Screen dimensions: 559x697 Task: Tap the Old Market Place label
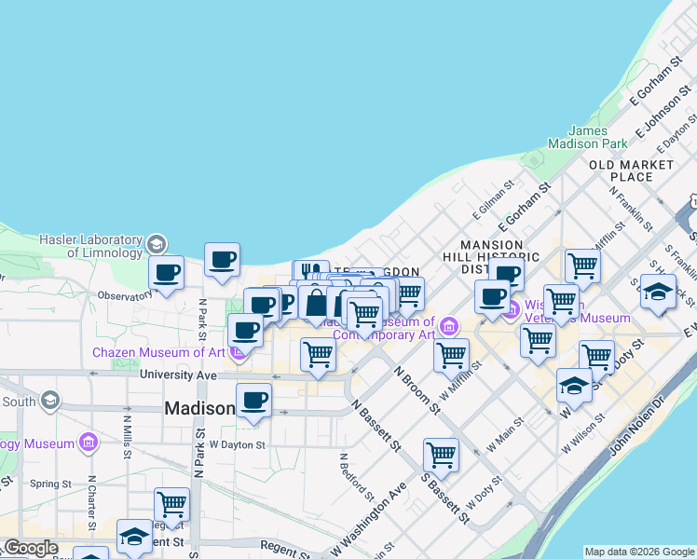click(631, 170)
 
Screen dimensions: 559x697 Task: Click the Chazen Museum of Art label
click(158, 352)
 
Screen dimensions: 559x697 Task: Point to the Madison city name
click(200, 408)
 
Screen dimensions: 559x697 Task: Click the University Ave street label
click(178, 375)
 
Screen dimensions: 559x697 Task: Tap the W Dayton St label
click(238, 445)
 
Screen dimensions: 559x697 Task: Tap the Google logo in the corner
click(31, 548)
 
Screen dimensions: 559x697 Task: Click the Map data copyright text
click(639, 551)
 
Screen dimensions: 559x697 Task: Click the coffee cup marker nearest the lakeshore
click(222, 261)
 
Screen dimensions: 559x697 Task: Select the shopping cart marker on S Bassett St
click(441, 456)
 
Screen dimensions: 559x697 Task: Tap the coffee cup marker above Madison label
click(253, 401)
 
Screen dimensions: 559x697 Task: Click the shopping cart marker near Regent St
click(171, 504)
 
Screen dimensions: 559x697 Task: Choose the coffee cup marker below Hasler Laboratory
click(167, 274)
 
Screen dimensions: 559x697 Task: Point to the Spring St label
click(50, 484)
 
